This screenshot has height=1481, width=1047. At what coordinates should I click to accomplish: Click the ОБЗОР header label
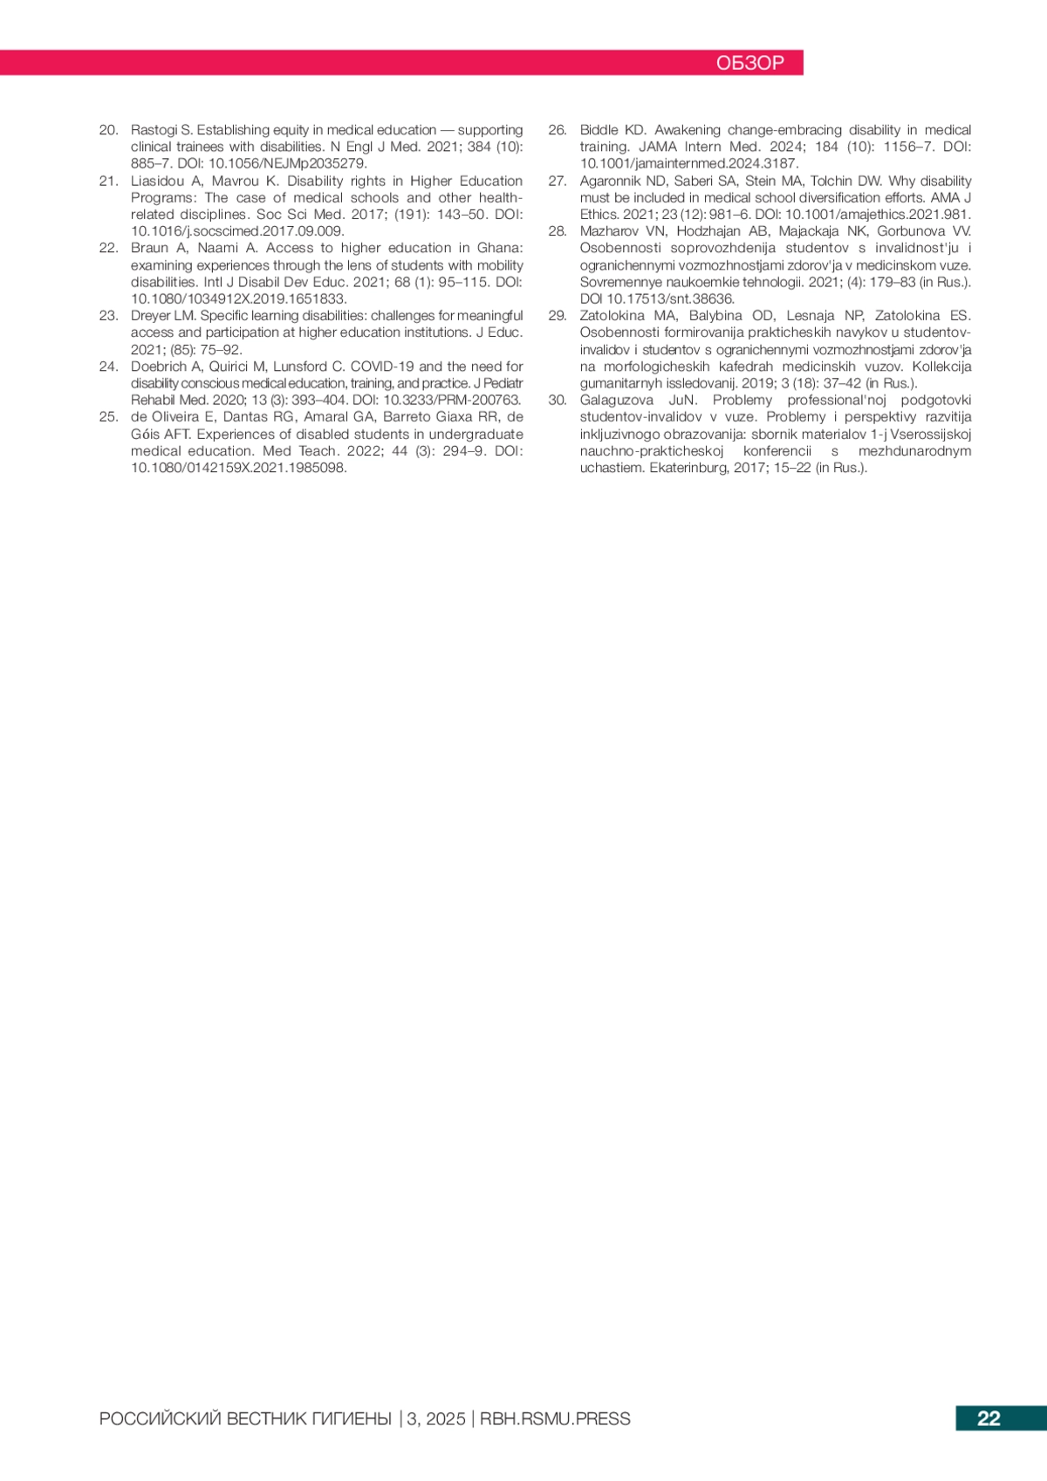click(x=749, y=63)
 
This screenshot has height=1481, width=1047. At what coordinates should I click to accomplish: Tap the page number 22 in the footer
click(x=989, y=1418)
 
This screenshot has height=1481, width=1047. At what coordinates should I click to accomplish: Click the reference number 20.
click(x=108, y=130)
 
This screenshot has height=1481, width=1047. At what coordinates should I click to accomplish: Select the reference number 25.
click(x=108, y=417)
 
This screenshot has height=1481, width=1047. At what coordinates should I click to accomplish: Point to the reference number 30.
click(x=558, y=401)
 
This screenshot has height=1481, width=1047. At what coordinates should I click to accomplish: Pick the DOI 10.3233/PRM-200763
click(x=452, y=400)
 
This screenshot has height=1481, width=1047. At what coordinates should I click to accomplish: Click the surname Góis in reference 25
click(x=147, y=435)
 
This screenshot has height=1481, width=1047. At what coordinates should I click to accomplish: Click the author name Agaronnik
click(x=610, y=181)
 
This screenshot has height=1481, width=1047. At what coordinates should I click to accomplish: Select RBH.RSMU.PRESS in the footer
click(x=555, y=1419)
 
